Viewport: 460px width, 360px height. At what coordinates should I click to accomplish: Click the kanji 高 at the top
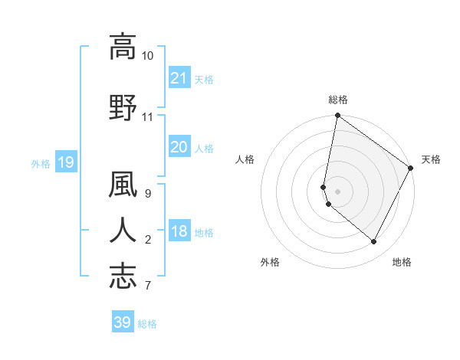point(123,47)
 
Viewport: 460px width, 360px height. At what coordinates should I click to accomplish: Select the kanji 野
point(123,107)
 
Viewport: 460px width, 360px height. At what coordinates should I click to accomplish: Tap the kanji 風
point(123,186)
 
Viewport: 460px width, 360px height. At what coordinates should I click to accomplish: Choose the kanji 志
point(123,275)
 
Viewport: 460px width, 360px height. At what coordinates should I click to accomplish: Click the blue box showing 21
point(179,77)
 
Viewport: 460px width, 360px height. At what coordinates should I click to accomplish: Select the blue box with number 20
point(179,148)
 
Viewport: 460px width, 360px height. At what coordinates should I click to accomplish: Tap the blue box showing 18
point(179,232)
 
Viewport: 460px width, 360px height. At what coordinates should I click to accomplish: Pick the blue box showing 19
point(65,162)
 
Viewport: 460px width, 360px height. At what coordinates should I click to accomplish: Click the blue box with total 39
point(123,322)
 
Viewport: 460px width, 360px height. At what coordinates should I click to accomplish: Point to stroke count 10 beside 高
point(147,56)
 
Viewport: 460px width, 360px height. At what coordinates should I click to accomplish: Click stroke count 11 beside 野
point(147,117)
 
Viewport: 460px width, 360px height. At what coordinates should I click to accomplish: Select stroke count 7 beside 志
point(148,286)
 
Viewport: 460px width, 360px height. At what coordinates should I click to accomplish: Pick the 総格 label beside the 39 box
point(147,323)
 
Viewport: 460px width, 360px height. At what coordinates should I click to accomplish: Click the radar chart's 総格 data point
point(337,116)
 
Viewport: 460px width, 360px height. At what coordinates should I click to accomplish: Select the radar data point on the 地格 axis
point(373,242)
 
